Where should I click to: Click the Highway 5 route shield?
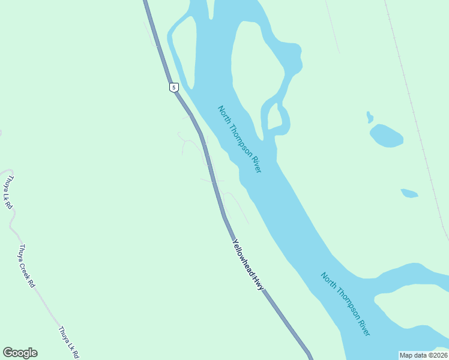click(x=173, y=88)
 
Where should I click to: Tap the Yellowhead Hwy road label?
click(x=249, y=265)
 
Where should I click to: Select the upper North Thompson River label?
click(x=240, y=139)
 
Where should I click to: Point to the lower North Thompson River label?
click(x=345, y=304)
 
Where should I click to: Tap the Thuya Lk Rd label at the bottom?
click(x=69, y=343)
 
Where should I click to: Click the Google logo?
click(x=20, y=353)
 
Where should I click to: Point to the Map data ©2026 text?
click(x=423, y=355)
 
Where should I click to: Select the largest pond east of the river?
click(x=385, y=136)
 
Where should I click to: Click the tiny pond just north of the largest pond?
click(x=370, y=117)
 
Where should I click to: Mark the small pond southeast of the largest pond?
click(x=409, y=193)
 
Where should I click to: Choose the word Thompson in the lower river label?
click(x=346, y=305)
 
